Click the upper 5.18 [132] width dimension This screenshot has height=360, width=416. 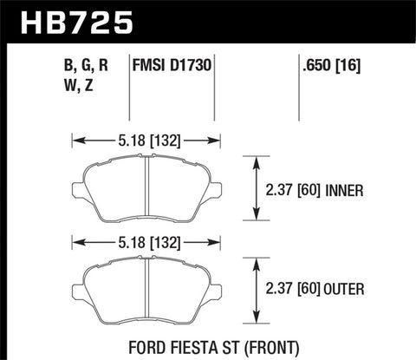pos(145,137)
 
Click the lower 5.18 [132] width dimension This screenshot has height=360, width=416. pos(145,243)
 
